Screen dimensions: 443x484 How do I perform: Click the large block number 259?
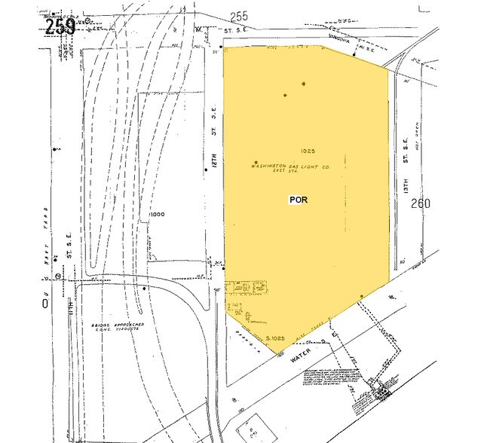point(60,26)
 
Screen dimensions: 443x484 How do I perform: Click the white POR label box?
point(298,200)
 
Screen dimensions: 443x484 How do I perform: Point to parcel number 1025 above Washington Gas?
point(306,151)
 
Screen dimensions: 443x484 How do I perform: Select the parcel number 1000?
point(157,214)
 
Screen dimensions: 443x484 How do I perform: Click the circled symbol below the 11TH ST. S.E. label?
point(57,278)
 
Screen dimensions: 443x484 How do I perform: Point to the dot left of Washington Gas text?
point(256,163)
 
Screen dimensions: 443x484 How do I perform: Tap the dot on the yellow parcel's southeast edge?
point(362,297)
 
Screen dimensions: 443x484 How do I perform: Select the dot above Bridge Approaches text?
point(145,288)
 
